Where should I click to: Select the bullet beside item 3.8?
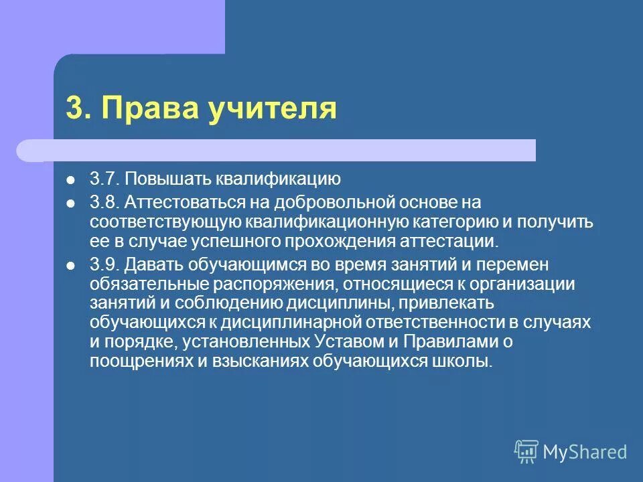click(x=70, y=202)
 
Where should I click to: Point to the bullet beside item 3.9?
click(x=70, y=264)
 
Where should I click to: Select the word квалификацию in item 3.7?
click(x=278, y=180)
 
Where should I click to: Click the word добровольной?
click(x=317, y=201)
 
